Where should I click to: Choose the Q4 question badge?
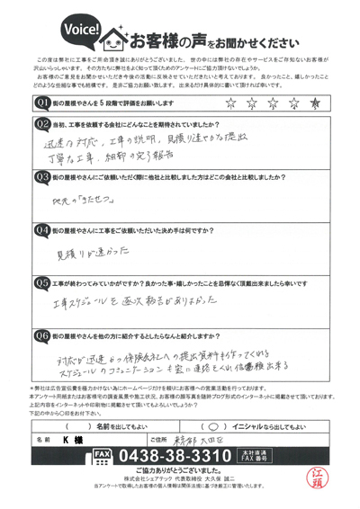(40, 230)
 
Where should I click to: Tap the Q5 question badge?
(40, 281)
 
